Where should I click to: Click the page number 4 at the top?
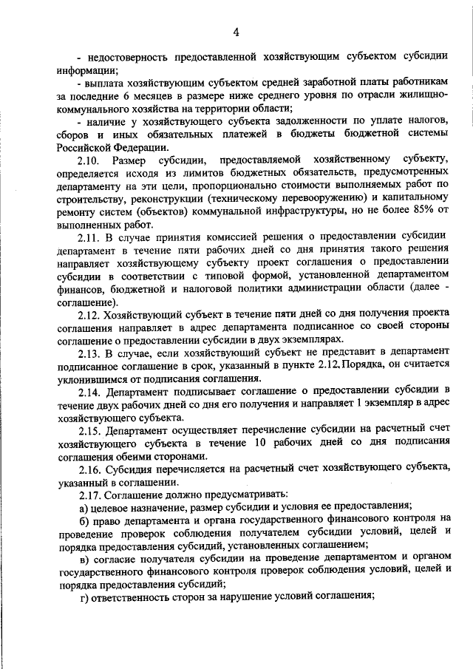pos(236,31)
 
